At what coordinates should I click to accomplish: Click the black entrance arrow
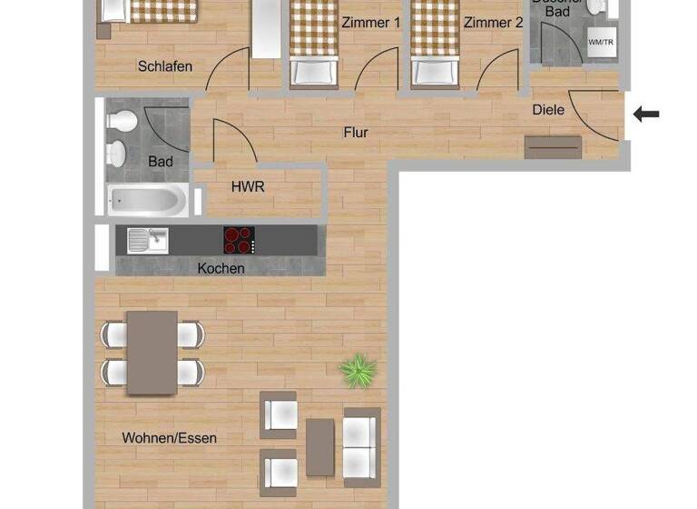coord(646,114)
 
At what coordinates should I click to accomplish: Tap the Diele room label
coord(548,110)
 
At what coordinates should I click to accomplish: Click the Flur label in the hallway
coord(356,133)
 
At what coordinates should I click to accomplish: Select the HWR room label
coord(248,186)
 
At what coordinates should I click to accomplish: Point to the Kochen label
coord(221,268)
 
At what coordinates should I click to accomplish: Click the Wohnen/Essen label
coord(170,438)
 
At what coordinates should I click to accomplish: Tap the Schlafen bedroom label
coord(166,65)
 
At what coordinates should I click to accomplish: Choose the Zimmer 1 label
coord(370,23)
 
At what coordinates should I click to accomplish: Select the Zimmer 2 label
coord(493,23)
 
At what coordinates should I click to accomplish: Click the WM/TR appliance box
coord(601,43)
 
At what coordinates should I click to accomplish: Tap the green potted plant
coord(358,371)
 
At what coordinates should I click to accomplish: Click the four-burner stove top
coord(239,240)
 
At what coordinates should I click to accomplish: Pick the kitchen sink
coord(148,240)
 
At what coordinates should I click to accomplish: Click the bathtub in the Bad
coord(148,199)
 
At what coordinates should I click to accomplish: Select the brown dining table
coord(152,353)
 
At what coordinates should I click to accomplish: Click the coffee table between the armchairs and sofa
coord(319,447)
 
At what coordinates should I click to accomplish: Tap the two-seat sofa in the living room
coord(361,446)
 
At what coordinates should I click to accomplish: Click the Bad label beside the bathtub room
coord(161,162)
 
